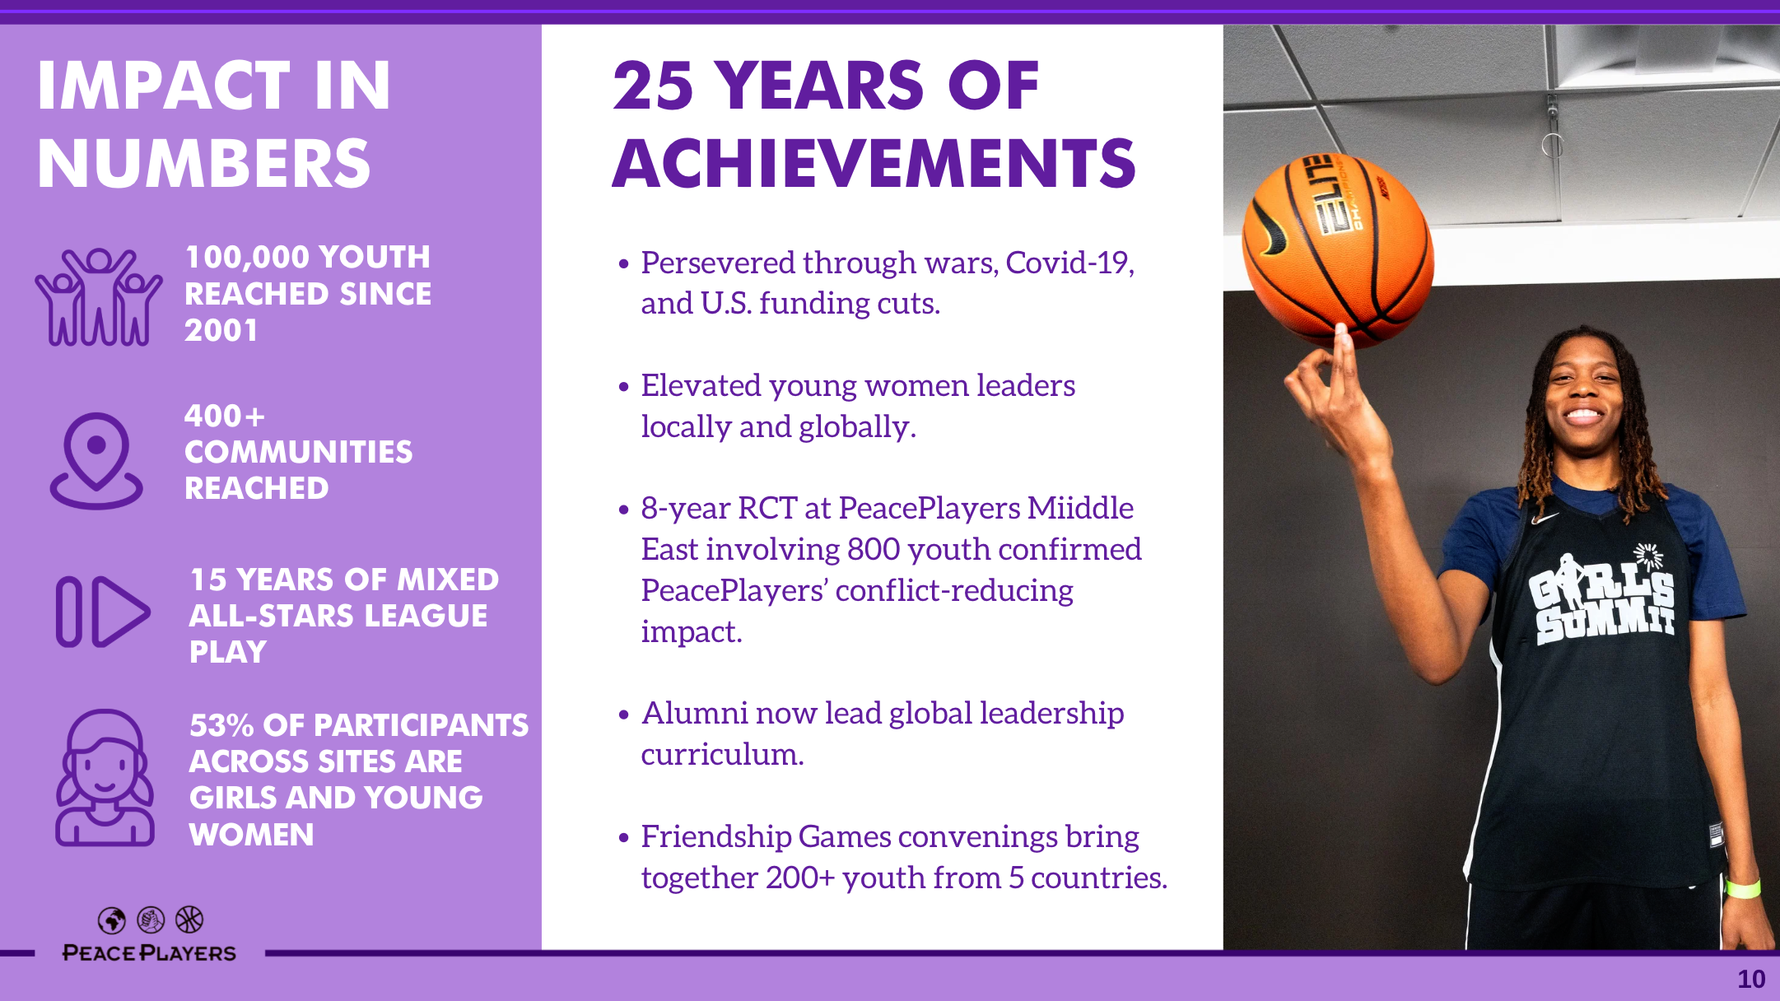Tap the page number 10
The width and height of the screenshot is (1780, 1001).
tap(1751, 979)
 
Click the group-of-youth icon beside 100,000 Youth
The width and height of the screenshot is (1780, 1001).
tap(99, 296)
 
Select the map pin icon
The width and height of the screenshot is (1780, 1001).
tap(96, 460)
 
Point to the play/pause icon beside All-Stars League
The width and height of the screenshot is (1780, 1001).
tap(103, 612)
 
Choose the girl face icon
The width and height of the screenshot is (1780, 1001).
tap(105, 778)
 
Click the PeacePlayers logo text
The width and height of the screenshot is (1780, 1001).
tap(149, 953)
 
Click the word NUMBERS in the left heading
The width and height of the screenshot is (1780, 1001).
tap(204, 163)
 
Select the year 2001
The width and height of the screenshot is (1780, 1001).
tap(221, 330)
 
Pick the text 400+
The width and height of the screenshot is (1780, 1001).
tap(225, 416)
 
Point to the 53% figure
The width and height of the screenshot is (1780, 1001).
tap(221, 725)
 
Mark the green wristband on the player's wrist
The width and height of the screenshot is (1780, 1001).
tap(1744, 889)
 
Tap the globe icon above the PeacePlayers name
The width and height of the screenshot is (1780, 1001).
tap(112, 920)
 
